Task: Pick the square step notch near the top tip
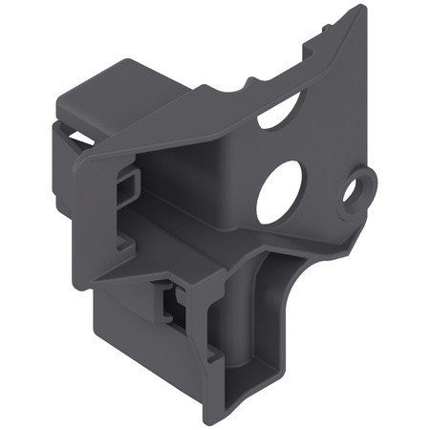(x=320, y=38)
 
